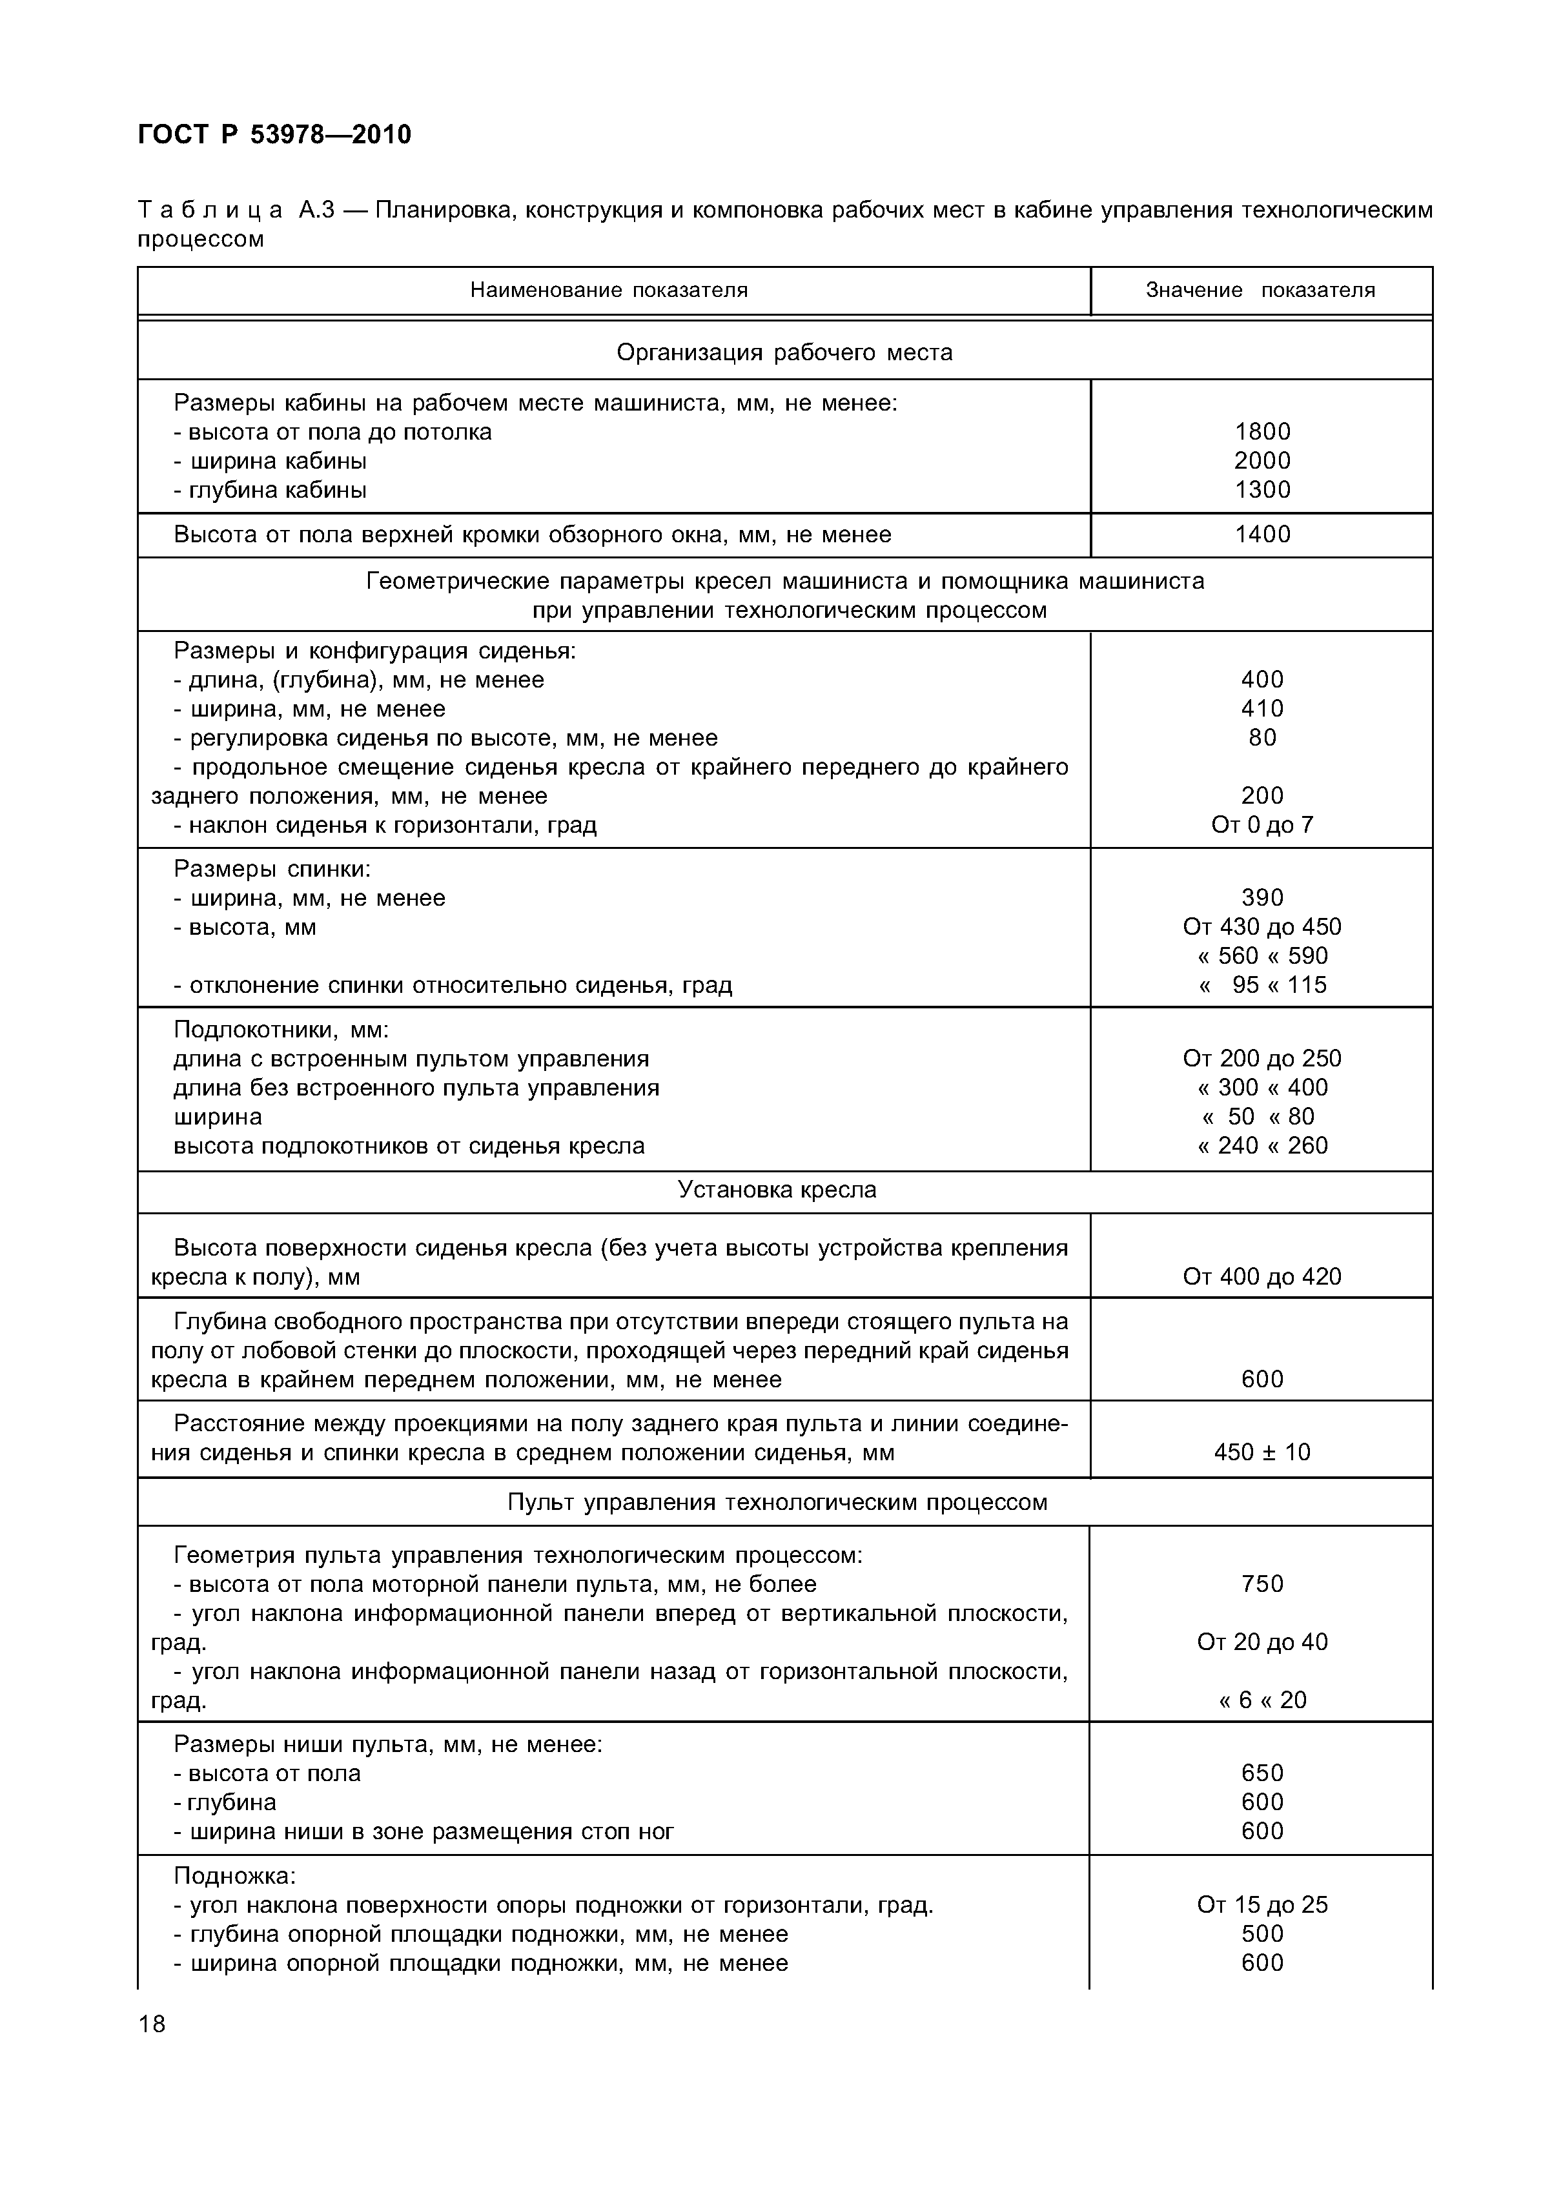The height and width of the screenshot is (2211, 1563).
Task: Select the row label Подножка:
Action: (x=235, y=1876)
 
